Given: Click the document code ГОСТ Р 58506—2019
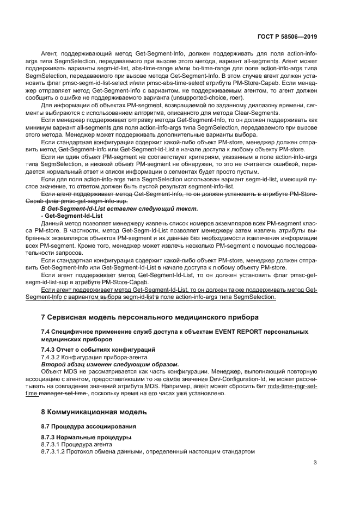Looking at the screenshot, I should (x=286, y=37).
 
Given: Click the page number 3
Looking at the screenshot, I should (x=315, y=463).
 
